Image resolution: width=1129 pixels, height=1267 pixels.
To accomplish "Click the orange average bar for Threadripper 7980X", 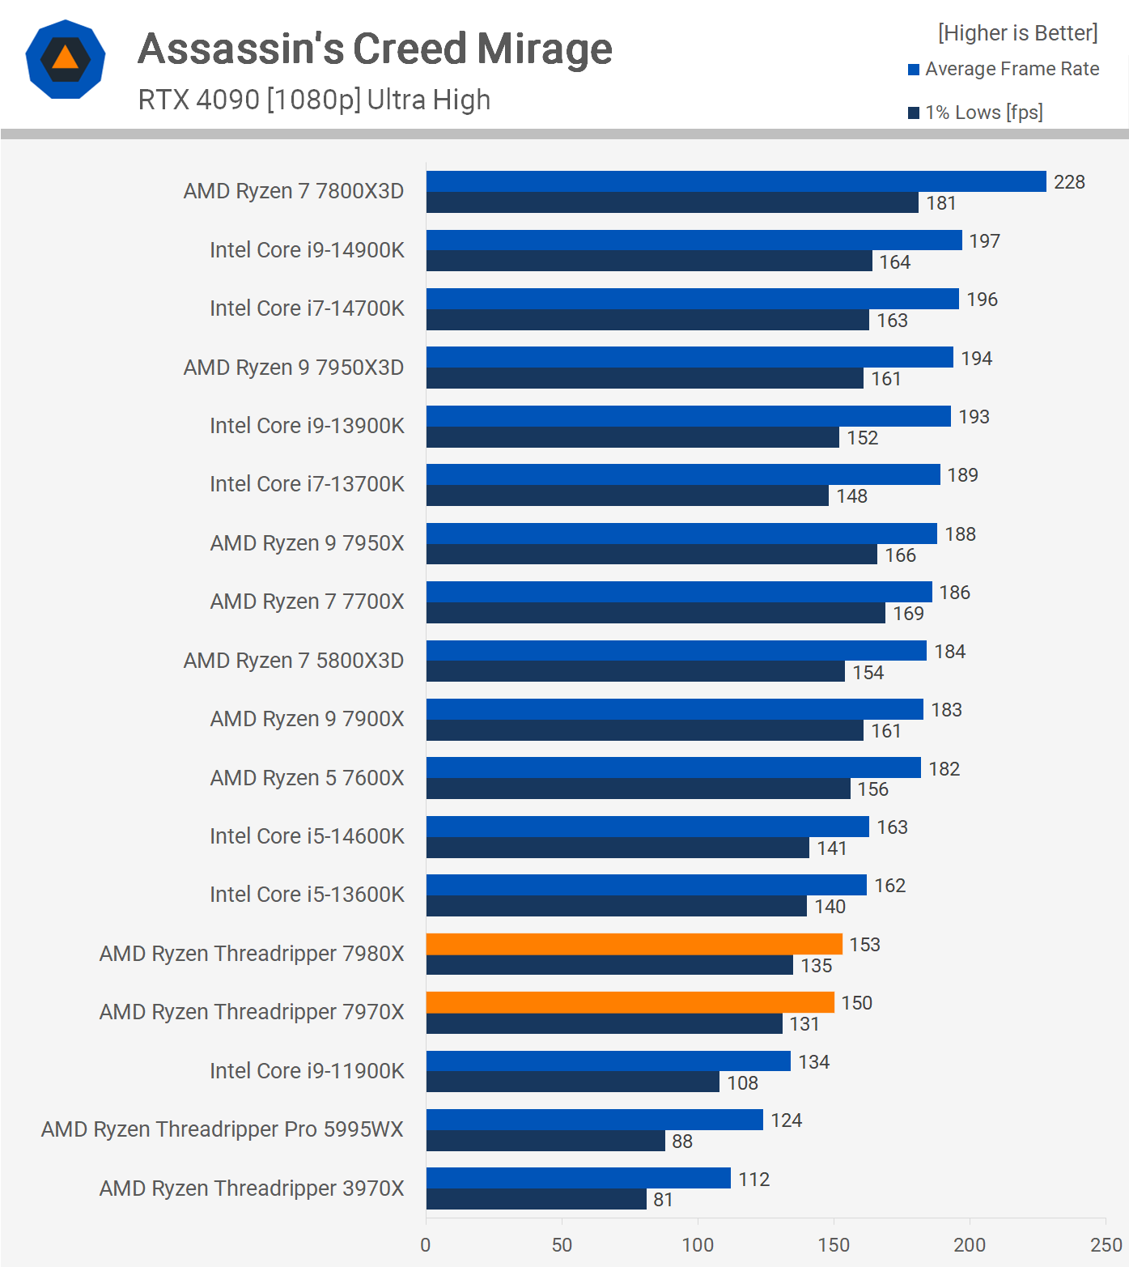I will (x=634, y=944).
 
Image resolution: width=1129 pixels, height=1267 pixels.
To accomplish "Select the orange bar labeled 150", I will (x=630, y=1002).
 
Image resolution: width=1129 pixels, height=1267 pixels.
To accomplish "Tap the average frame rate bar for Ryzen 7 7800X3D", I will (x=736, y=181).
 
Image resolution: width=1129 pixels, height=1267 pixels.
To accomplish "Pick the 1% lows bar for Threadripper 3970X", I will (x=536, y=1199).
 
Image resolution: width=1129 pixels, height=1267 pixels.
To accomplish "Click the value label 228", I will (x=1069, y=182).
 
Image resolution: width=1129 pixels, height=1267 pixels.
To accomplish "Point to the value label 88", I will (x=682, y=1142).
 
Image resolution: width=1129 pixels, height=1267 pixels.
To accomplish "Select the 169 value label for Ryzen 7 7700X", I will (x=908, y=614).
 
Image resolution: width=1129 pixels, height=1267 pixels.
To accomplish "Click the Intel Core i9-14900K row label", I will (x=307, y=250).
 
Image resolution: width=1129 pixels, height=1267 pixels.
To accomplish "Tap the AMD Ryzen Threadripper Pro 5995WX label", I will (x=223, y=1129).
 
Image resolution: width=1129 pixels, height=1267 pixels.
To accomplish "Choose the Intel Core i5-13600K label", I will (x=307, y=895).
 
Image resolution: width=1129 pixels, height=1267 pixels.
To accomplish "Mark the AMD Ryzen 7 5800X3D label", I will (x=294, y=661).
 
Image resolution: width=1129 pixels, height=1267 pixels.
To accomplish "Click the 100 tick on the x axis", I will (x=698, y=1245).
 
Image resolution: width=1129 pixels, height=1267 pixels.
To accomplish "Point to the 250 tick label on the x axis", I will (x=1106, y=1245).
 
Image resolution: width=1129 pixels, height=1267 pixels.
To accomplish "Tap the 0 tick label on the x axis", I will (x=426, y=1245).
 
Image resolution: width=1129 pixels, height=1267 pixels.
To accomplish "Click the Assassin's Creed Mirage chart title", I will (x=375, y=49).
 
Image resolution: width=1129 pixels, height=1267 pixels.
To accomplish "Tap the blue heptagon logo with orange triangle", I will (x=66, y=59).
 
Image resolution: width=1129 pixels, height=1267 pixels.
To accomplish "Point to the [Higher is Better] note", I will (x=1017, y=33).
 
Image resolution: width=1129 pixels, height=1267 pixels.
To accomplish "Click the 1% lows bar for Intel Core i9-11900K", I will (x=572, y=1082).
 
